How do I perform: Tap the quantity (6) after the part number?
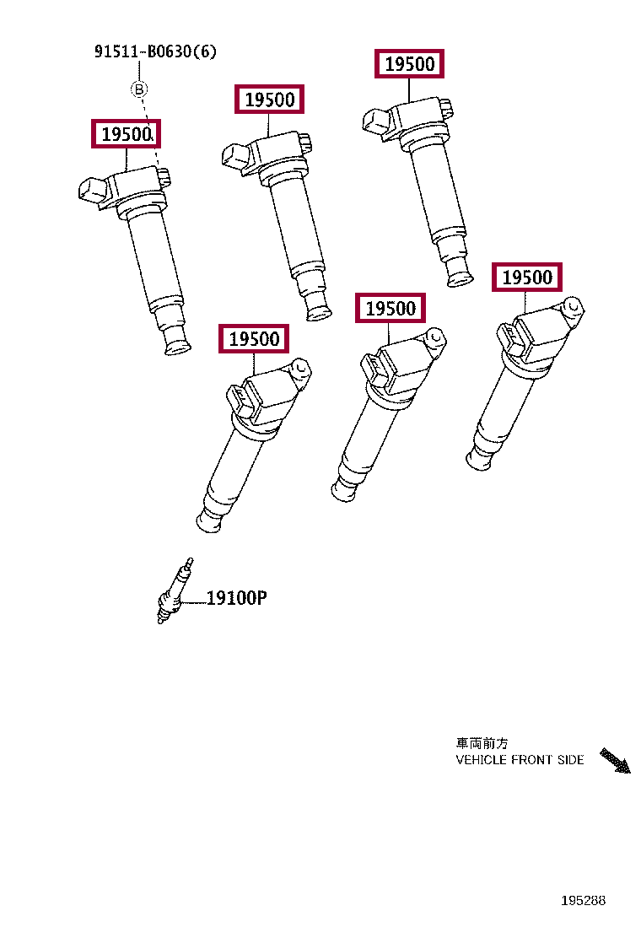pos(205,52)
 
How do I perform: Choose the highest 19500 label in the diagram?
pos(409,64)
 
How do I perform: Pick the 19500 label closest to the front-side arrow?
pos(527,278)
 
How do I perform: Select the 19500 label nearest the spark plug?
pos(253,339)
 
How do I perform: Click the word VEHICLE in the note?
pos(482,760)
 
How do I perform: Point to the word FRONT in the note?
pos(532,760)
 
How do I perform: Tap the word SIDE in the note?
pos(570,760)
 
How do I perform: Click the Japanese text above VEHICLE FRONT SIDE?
pos(482,743)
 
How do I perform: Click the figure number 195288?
pos(584,901)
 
